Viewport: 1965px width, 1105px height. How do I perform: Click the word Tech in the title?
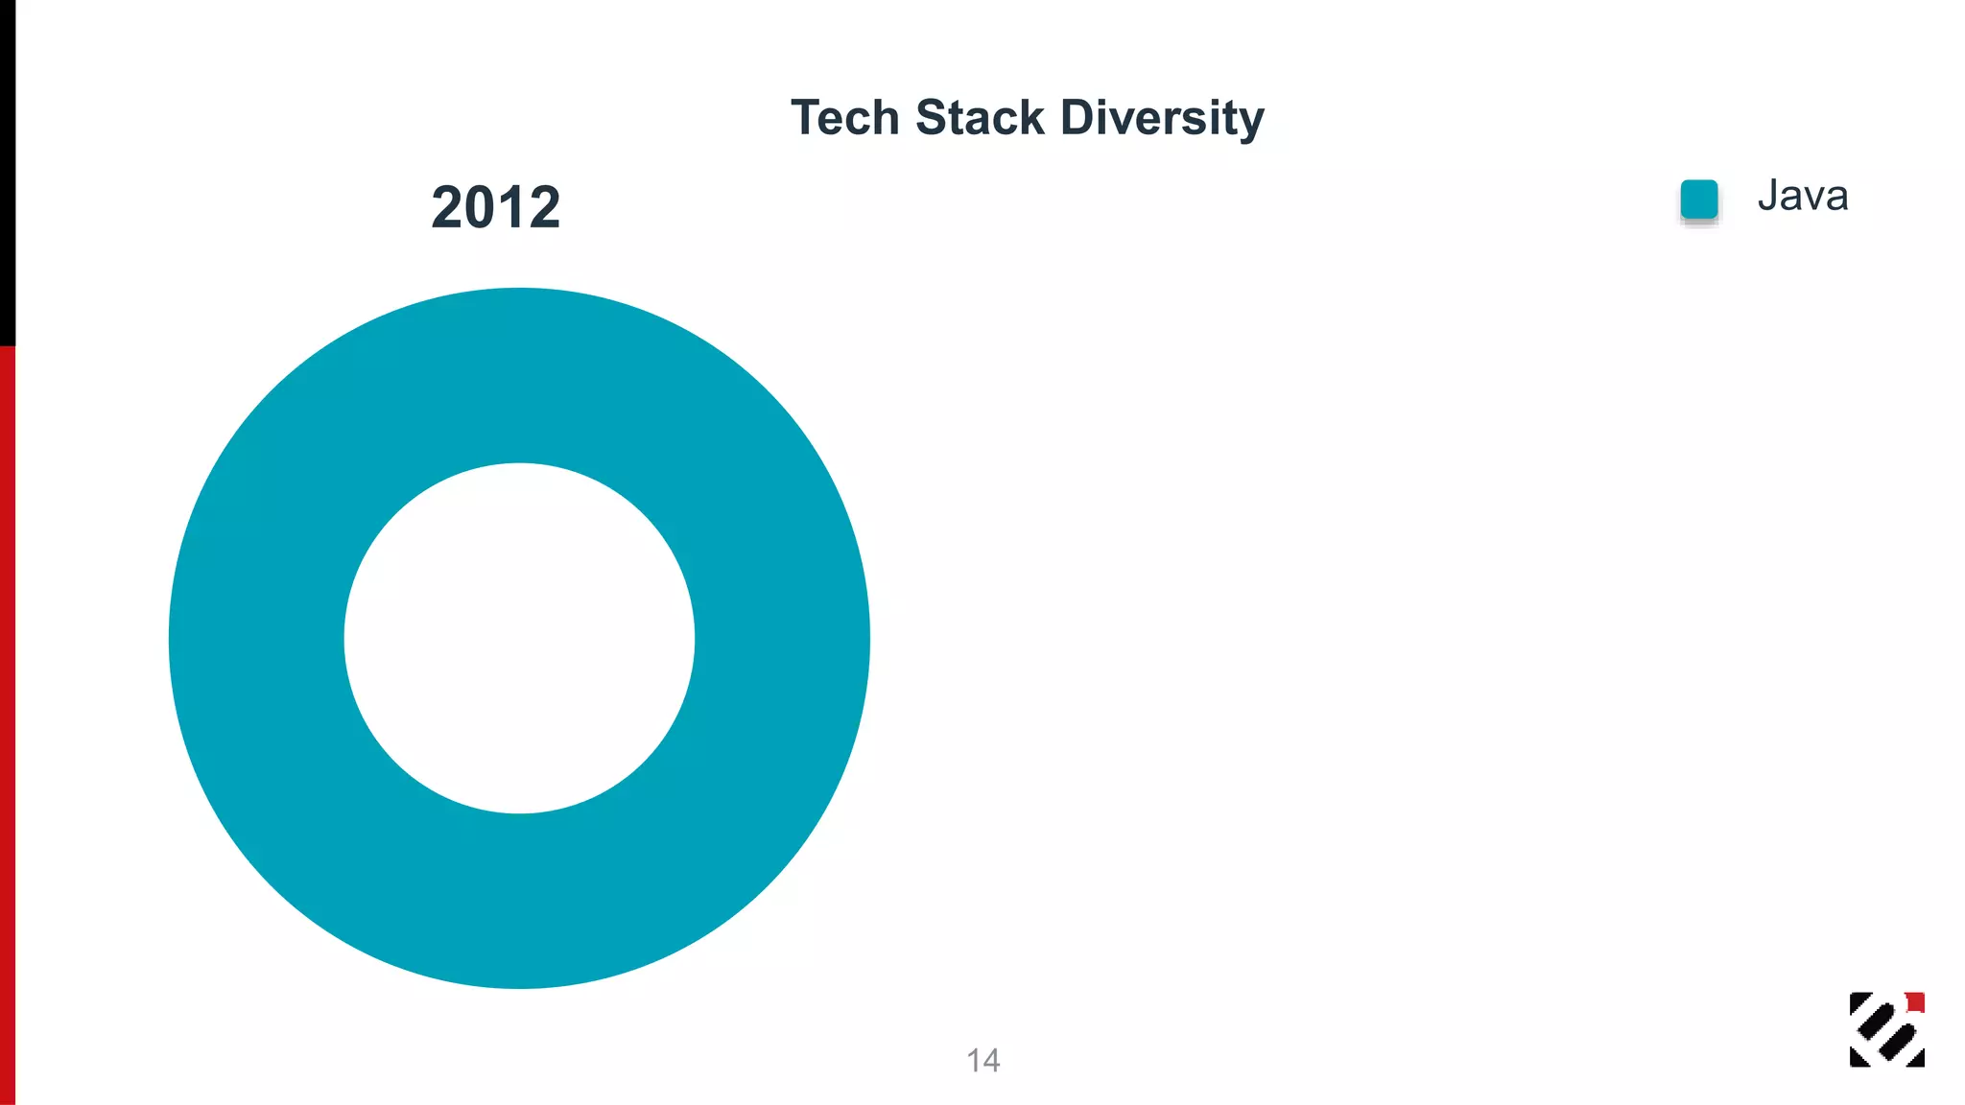[845, 118]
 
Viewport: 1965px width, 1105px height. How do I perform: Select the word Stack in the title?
[980, 118]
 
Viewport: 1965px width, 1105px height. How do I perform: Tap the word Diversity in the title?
[1162, 120]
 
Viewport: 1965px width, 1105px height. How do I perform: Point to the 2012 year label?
[495, 207]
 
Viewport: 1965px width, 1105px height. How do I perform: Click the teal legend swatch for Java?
[1698, 200]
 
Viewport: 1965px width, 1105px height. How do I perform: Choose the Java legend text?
[1802, 196]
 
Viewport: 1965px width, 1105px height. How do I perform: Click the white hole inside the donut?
[519, 638]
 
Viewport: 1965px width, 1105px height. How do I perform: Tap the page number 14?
[982, 1060]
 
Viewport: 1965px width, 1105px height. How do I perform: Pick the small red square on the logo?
[1915, 1002]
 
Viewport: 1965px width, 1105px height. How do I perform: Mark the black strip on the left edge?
[8, 173]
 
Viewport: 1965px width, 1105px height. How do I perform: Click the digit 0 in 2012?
[480, 207]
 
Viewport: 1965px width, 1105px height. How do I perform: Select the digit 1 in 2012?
[511, 207]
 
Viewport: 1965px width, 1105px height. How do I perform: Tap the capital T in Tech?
[806, 118]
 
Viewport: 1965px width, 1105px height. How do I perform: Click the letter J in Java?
[1767, 196]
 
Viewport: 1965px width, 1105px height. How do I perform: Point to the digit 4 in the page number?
[991, 1060]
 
